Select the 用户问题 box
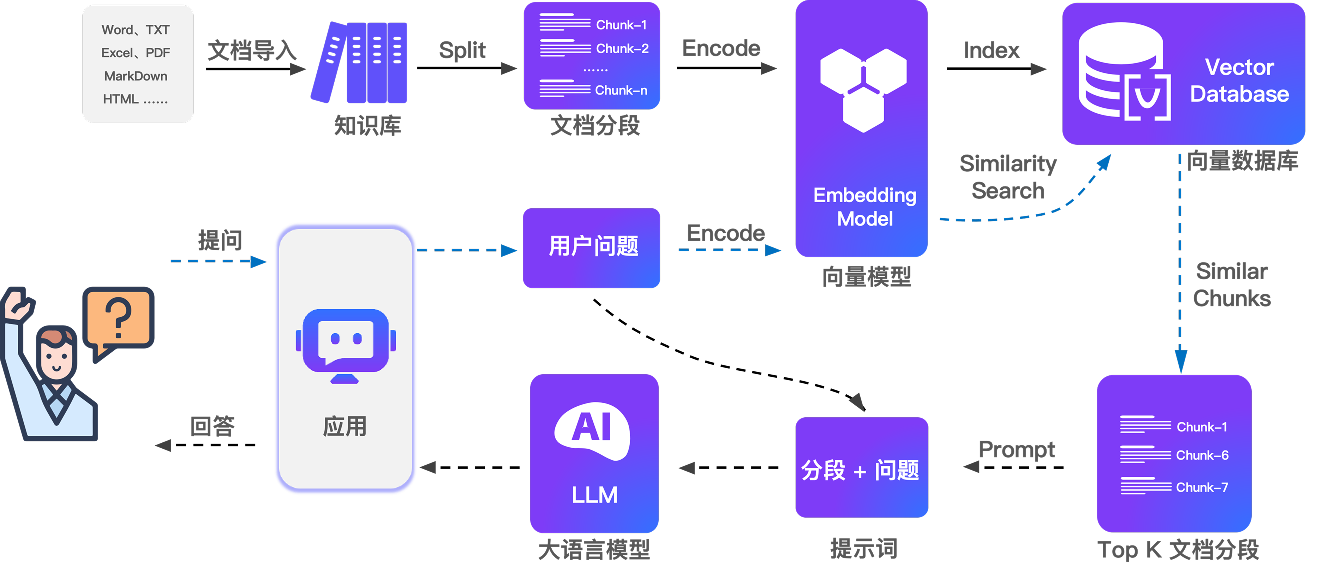[592, 247]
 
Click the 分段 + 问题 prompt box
[861, 468]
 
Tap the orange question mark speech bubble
[119, 319]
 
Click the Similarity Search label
[1008, 177]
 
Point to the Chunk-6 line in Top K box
[1202, 455]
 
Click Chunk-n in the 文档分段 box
[621, 90]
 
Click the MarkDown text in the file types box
[136, 76]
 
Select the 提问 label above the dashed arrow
[220, 240]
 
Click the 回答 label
[212, 426]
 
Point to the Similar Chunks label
[1231, 285]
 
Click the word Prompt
[1016, 449]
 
